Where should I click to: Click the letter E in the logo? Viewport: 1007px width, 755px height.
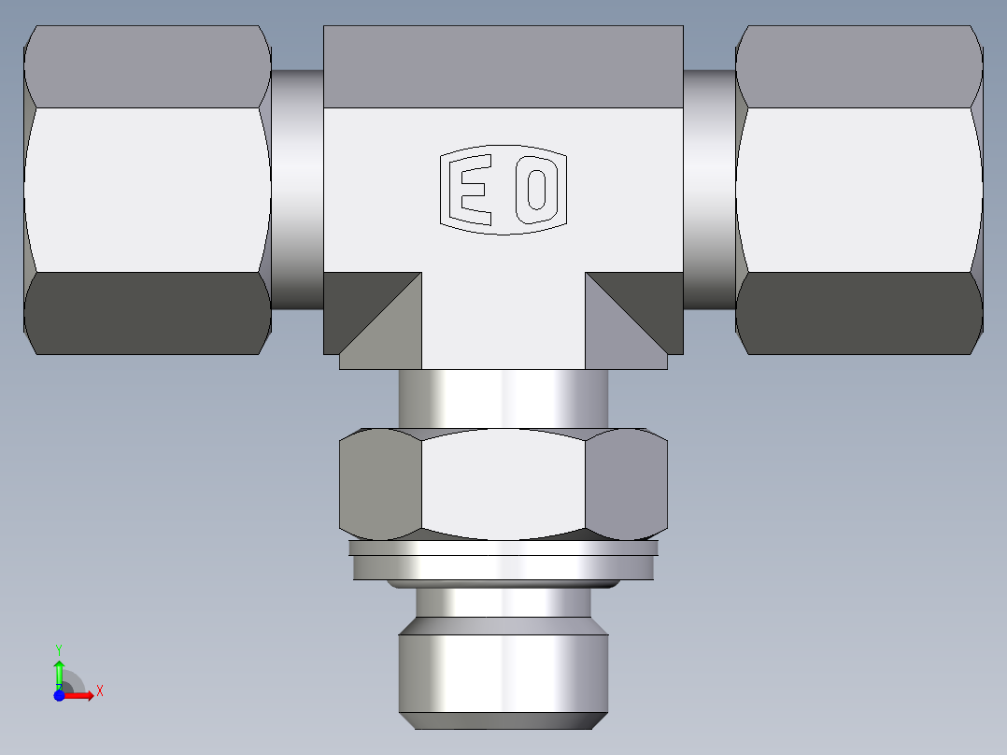pyautogui.click(x=472, y=191)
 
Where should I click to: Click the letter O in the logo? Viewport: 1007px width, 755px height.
pyautogui.click(x=537, y=190)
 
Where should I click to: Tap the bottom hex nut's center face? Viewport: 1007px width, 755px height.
pyautogui.click(x=503, y=486)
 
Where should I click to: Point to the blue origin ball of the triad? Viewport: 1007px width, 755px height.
pyautogui.click(x=59, y=695)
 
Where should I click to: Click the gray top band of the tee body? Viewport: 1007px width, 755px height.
pyautogui.click(x=503, y=65)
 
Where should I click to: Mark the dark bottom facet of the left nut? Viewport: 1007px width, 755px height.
pyautogui.click(x=148, y=313)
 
